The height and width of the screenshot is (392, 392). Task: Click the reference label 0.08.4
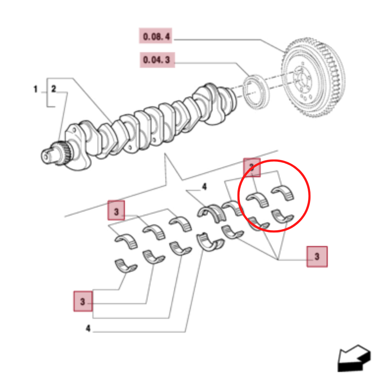pos(156,37)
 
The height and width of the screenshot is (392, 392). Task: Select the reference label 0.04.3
pos(157,60)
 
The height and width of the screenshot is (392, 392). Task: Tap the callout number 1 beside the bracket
pos(35,90)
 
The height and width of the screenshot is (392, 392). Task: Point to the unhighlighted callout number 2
pos(54,89)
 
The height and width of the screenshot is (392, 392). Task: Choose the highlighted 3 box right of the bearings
pos(317,257)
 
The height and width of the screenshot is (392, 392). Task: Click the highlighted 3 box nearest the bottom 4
pos(83,301)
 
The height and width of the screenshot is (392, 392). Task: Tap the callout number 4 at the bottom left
pos(88,328)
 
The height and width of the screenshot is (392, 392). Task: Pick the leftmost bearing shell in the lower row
pos(125,265)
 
